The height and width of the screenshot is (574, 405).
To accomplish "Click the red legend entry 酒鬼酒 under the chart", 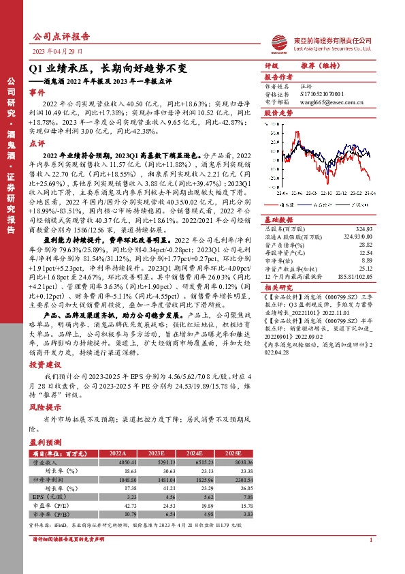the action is (x=286, y=203).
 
